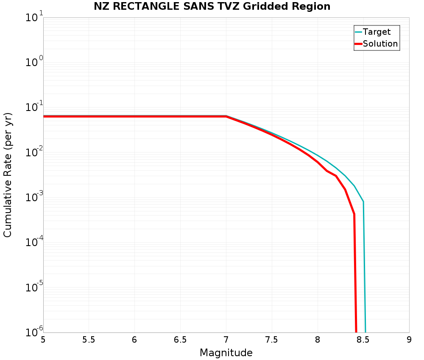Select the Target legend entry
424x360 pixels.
point(377,32)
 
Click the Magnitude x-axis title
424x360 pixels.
point(226,353)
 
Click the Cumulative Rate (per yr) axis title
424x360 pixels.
point(8,174)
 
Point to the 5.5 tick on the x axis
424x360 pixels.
point(89,340)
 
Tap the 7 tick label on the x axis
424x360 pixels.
point(226,340)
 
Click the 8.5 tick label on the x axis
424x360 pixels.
point(363,340)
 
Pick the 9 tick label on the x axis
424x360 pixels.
point(409,340)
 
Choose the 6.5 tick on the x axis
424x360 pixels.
point(180,340)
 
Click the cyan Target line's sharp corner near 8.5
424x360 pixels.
point(363,202)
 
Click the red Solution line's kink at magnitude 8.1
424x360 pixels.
point(327,171)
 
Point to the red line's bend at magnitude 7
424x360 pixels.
point(226,116)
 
